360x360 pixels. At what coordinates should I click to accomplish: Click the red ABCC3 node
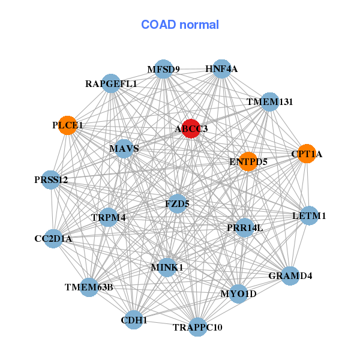[x=191, y=128]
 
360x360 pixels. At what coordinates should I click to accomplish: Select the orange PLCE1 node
[x=68, y=125]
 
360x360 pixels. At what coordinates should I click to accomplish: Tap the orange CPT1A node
[x=307, y=154]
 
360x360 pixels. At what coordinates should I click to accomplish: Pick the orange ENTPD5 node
[x=248, y=161]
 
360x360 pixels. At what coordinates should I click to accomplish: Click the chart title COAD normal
[x=180, y=25]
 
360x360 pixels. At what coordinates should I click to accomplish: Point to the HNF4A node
[x=222, y=69]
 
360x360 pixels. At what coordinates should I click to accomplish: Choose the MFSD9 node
[x=164, y=69]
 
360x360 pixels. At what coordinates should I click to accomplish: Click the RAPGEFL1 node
[x=112, y=84]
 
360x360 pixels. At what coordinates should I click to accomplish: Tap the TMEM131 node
[x=270, y=102]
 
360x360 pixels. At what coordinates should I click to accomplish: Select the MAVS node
[x=124, y=148]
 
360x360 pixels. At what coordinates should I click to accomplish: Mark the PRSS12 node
[x=51, y=179]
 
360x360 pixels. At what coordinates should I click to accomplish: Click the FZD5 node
[x=177, y=204]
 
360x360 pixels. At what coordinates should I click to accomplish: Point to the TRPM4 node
[x=109, y=217]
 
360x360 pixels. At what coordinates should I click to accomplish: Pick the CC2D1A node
[x=53, y=239]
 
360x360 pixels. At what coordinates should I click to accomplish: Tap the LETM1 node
[x=309, y=215]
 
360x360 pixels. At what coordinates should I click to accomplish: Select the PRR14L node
[x=244, y=227]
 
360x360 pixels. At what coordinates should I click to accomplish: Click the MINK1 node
[x=167, y=267]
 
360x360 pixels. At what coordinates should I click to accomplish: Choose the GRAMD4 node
[x=290, y=276]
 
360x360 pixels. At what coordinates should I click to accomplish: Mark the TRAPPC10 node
[x=197, y=327]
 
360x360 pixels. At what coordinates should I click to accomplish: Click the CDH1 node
[x=134, y=320]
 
